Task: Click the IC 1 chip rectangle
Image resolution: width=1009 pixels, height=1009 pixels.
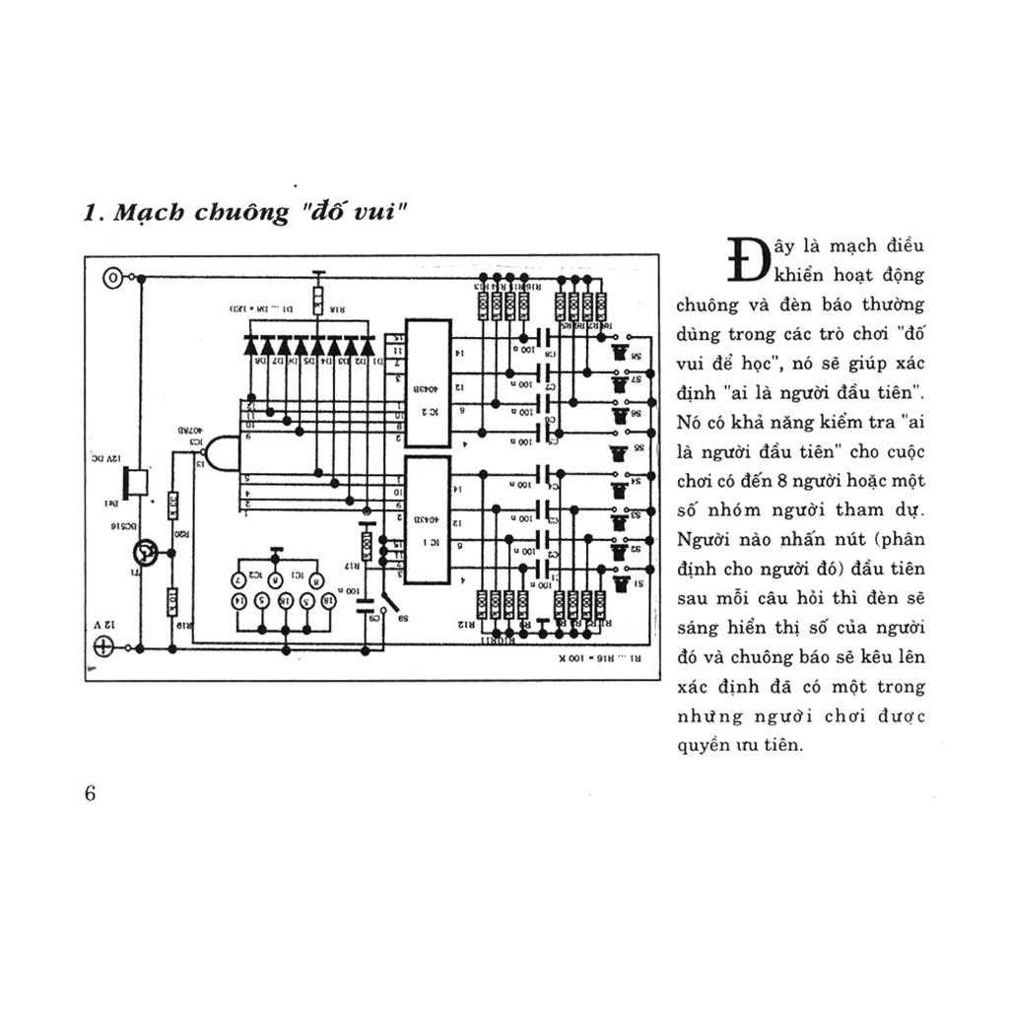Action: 429,519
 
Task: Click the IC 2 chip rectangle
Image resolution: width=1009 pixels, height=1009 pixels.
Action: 429,382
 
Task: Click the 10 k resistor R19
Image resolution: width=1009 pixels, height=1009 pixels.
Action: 172,598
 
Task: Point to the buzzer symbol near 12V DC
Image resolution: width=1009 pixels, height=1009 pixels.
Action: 136,482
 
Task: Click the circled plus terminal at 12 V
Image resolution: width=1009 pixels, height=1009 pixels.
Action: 103,646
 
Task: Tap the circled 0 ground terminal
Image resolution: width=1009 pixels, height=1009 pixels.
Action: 114,279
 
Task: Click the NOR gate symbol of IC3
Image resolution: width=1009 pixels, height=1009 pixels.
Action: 220,454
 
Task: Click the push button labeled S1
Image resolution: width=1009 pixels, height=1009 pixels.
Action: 620,584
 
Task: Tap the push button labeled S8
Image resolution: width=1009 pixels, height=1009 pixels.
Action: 620,352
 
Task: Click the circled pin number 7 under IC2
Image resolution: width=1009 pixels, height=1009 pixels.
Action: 238,578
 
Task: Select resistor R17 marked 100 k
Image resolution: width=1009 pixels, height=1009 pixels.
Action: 367,545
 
